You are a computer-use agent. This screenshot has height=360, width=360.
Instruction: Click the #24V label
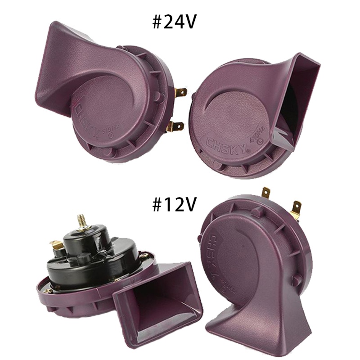174,21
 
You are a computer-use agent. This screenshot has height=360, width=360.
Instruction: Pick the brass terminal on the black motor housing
56,246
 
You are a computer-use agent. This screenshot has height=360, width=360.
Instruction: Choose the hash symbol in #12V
157,205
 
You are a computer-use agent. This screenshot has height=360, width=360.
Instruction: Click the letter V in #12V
190,205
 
